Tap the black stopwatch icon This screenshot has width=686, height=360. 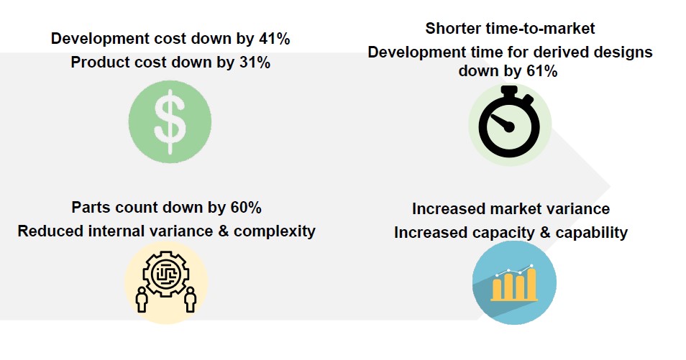(x=509, y=121)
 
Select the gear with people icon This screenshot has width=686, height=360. (x=166, y=281)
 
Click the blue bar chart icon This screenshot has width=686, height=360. (x=513, y=282)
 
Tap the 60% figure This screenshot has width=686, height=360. (x=244, y=208)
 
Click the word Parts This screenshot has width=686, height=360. (x=91, y=208)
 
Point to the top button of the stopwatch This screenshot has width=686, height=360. (x=509, y=90)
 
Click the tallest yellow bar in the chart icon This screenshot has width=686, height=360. (x=531, y=285)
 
